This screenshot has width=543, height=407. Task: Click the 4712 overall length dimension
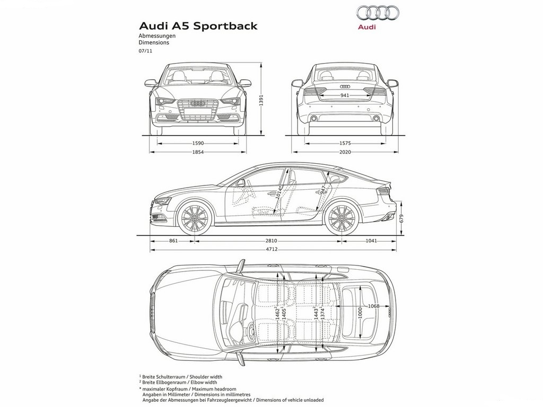pyautogui.click(x=272, y=249)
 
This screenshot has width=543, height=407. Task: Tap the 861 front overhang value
pyautogui.click(x=173, y=241)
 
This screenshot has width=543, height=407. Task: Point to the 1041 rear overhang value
pyautogui.click(x=371, y=241)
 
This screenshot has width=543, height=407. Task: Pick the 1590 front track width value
pyautogui.click(x=198, y=143)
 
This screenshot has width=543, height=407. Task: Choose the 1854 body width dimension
pyautogui.click(x=198, y=152)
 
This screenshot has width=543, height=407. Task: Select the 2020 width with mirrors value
pyautogui.click(x=345, y=152)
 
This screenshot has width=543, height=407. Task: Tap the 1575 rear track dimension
pyautogui.click(x=345, y=143)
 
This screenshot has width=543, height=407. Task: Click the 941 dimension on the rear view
pyautogui.click(x=345, y=95)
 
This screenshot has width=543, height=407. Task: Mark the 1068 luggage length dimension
pyautogui.click(x=374, y=306)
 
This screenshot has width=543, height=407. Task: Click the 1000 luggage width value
pyautogui.click(x=360, y=312)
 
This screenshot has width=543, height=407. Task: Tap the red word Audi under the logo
pyautogui.click(x=367, y=26)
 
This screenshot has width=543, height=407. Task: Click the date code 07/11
pyautogui.click(x=145, y=50)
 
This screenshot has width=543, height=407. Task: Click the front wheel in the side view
pyautogui.click(x=195, y=218)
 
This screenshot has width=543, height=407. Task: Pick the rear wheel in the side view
pyautogui.click(x=341, y=218)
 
